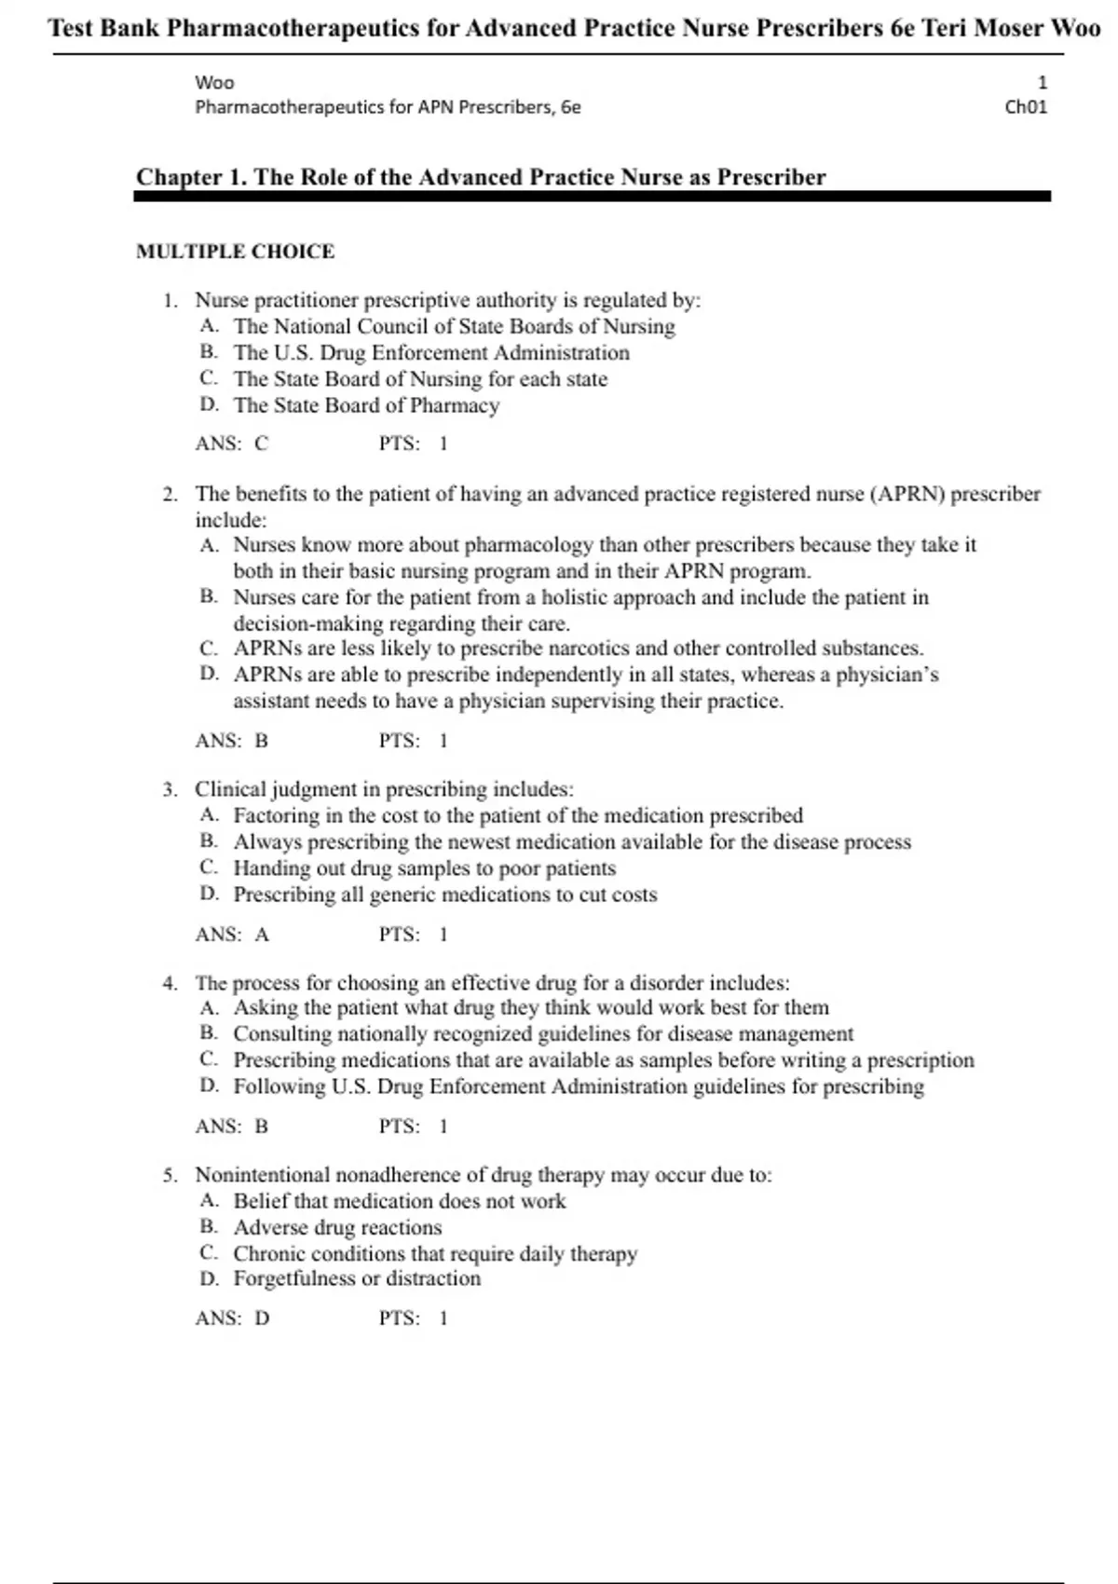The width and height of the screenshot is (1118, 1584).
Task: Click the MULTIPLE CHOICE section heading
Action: (x=235, y=252)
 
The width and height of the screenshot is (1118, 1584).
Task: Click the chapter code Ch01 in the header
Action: (x=1026, y=107)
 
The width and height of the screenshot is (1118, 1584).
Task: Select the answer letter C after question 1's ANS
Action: (x=261, y=444)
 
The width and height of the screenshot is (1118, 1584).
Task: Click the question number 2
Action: (x=170, y=495)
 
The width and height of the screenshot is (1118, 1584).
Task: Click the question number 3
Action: (x=170, y=790)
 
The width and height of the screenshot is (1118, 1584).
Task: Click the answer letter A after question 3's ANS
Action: (x=262, y=935)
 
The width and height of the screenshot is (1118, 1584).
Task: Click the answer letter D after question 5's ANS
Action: (x=262, y=1318)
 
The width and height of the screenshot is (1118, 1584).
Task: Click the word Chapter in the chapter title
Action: (x=179, y=177)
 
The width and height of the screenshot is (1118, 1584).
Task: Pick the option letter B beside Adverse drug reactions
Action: (x=209, y=1227)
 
